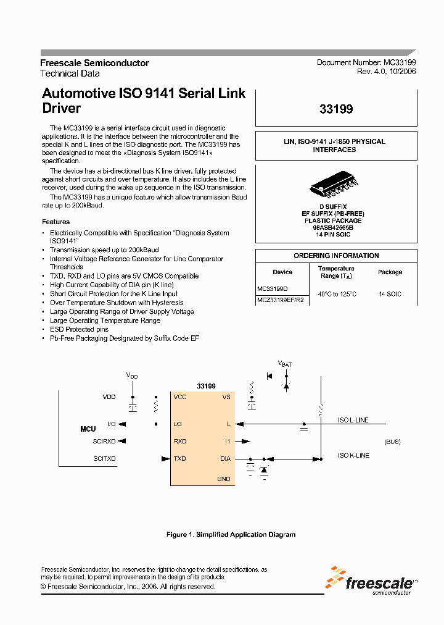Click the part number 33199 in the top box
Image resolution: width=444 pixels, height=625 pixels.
[336, 109]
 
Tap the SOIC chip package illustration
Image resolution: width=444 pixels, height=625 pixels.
[335, 186]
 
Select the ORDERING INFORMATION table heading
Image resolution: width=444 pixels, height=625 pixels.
[336, 256]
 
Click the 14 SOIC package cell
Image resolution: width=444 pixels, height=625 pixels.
[390, 295]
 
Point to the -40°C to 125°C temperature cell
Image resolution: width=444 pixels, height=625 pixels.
[336, 295]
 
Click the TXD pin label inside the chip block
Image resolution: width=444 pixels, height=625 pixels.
[180, 459]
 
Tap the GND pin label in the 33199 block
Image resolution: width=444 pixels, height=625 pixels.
[223, 479]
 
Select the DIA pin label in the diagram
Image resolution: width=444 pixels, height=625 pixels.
[224, 459]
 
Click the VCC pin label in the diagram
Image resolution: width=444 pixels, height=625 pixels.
[180, 397]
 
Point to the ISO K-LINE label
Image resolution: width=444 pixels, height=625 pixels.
[353, 455]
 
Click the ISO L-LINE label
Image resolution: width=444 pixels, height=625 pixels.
[353, 420]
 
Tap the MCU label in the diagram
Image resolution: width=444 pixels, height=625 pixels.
[88, 429]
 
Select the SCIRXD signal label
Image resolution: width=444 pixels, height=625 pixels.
[104, 442]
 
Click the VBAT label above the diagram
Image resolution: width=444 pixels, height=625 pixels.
[284, 364]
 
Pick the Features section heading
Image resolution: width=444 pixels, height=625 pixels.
[55, 222]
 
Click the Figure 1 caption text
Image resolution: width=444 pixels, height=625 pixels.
[231, 534]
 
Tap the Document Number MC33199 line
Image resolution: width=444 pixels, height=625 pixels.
[366, 62]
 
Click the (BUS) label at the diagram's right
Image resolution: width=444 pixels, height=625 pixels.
[392, 442]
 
